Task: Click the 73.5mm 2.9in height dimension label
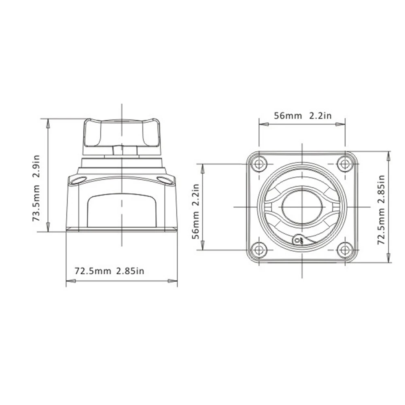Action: click(x=36, y=188)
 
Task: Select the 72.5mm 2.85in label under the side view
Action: click(x=110, y=271)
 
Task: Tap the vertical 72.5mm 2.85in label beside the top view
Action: click(x=381, y=210)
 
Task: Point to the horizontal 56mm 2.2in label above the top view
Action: click(x=303, y=115)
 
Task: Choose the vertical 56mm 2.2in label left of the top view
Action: click(x=195, y=212)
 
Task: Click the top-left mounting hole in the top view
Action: click(x=259, y=164)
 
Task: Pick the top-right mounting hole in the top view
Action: click(x=345, y=164)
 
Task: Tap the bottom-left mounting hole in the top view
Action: click(x=259, y=250)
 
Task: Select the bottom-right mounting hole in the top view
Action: click(x=345, y=250)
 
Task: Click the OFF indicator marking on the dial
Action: click(x=300, y=240)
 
